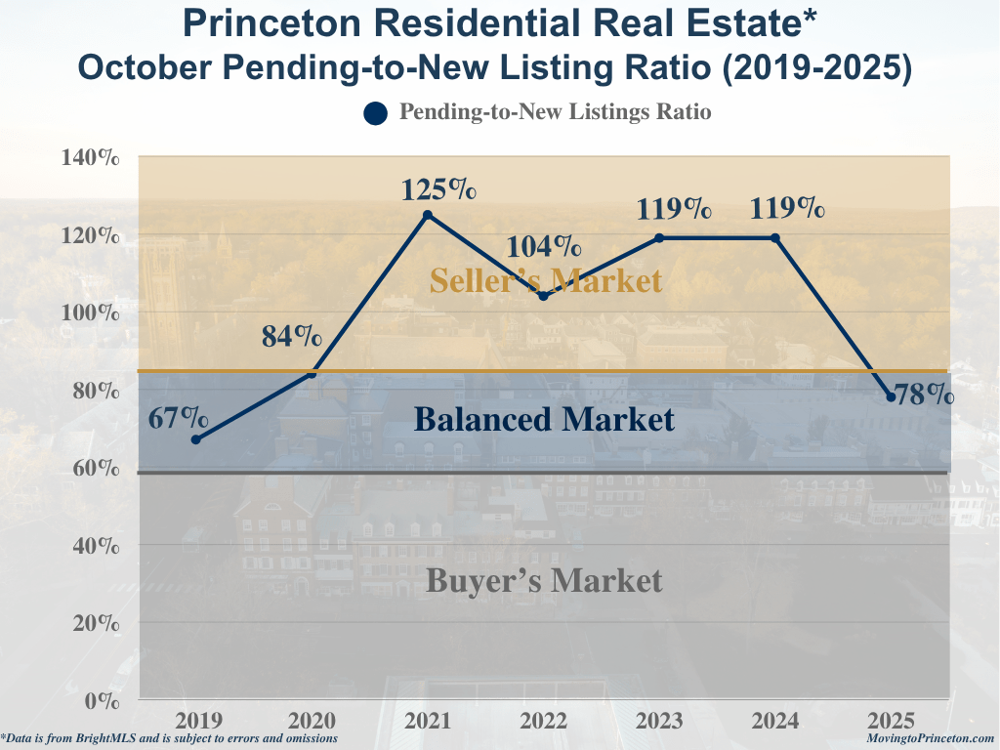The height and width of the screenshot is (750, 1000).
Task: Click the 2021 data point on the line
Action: click(x=428, y=215)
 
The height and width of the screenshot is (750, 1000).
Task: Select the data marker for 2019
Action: click(x=196, y=439)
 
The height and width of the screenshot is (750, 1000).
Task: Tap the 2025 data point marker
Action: click(x=891, y=396)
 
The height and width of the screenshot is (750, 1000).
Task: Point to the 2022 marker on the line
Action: click(x=544, y=296)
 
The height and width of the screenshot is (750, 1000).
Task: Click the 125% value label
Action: click(x=438, y=188)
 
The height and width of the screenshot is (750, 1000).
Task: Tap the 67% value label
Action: click(x=179, y=419)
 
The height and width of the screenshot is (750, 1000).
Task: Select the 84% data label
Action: click(x=292, y=337)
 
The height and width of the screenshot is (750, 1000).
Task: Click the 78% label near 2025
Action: click(x=925, y=395)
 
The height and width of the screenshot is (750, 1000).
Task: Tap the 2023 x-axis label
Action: click(x=659, y=722)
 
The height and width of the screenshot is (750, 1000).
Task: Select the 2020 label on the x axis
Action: click(x=312, y=722)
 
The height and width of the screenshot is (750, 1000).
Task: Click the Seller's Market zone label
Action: click(x=545, y=281)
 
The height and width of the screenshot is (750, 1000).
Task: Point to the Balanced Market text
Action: click(x=544, y=420)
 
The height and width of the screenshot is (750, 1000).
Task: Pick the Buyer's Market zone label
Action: click(x=544, y=581)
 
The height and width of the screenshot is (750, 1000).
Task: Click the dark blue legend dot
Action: click(x=376, y=113)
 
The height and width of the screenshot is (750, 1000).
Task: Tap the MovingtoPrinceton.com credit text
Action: click(x=930, y=739)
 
